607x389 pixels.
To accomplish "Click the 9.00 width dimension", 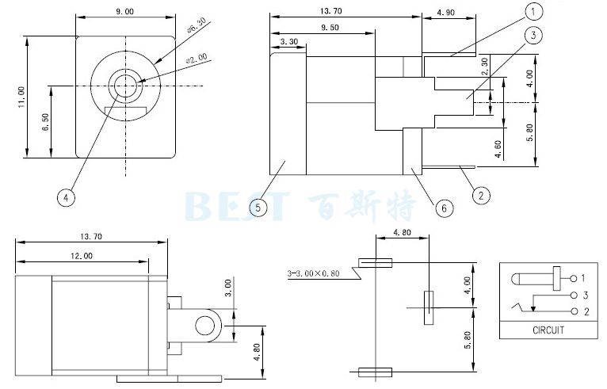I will (124, 11).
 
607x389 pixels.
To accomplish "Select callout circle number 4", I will (67, 196).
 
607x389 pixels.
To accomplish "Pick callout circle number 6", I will (445, 208).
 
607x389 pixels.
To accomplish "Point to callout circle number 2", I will (479, 193).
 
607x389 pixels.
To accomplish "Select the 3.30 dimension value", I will (289, 41).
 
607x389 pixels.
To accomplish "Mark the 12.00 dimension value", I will (81, 256).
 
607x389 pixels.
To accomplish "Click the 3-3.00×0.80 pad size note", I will (314, 275).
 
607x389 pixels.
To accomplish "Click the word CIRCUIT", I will (547, 330).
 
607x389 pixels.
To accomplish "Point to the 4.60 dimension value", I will (497, 149).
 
